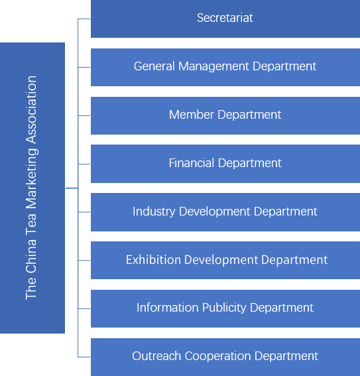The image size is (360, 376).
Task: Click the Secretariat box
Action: (x=225, y=19)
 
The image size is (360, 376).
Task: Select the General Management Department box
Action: (x=225, y=67)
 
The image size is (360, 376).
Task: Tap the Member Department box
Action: (x=225, y=115)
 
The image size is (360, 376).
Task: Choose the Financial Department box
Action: (x=225, y=164)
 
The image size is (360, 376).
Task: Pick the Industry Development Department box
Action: (x=225, y=212)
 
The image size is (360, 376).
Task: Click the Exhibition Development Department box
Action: (x=225, y=260)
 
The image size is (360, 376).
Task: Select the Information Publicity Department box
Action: (x=225, y=308)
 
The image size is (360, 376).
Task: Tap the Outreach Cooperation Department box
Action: (x=225, y=357)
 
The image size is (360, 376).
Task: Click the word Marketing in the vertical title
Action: (x=32, y=179)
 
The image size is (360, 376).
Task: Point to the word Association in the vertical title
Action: (x=31, y=109)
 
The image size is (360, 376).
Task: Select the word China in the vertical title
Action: (x=31, y=256)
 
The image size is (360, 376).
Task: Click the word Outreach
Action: (x=156, y=356)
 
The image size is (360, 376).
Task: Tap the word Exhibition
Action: (x=153, y=260)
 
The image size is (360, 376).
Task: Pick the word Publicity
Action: (x=224, y=308)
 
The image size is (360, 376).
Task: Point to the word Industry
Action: (x=154, y=212)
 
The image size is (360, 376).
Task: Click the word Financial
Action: (x=192, y=163)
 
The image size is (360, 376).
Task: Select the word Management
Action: (x=213, y=67)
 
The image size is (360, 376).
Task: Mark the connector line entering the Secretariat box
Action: (x=84, y=19)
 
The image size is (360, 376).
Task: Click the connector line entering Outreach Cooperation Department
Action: (x=84, y=357)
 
